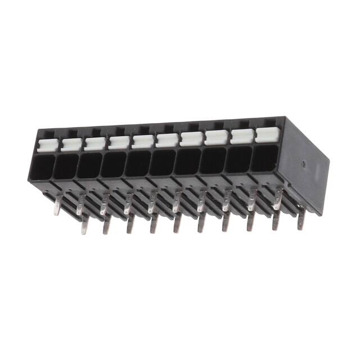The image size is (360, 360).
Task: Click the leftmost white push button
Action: coord(44,146)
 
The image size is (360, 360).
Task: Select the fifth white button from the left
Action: coord(142,141)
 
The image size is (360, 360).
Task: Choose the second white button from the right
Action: coord(241,136)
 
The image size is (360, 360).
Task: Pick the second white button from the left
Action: coord(69,145)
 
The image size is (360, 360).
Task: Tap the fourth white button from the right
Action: coord(192,138)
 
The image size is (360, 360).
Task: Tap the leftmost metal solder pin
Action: coord(56,209)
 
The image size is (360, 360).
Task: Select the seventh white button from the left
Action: coord(192,138)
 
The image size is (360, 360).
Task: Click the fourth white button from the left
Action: coord(118,142)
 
